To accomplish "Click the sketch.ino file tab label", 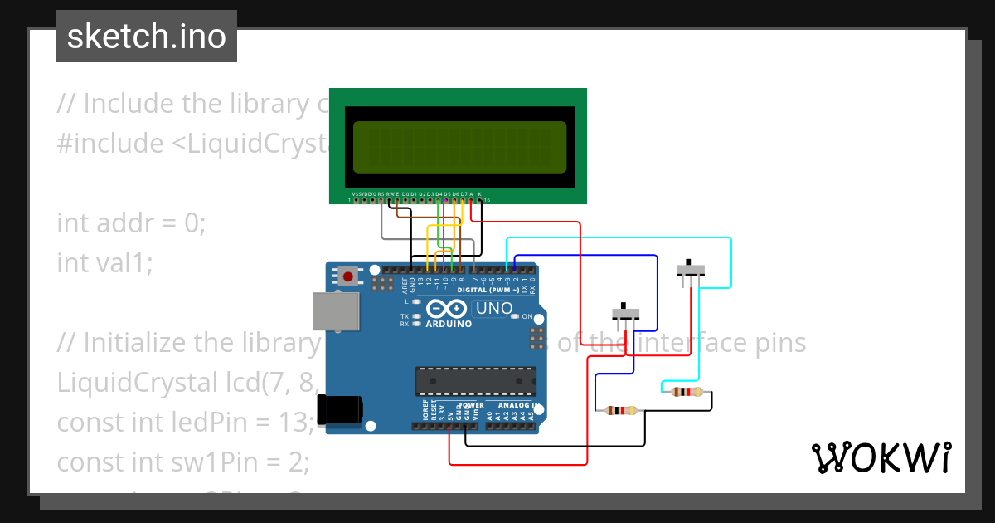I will point(146,37).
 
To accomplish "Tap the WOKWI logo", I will point(881,457).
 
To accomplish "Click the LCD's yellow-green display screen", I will point(459,147).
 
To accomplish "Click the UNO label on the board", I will point(495,308).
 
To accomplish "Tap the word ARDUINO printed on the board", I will point(449,324).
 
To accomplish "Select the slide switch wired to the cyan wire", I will point(692,270).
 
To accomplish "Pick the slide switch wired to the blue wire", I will point(626,314).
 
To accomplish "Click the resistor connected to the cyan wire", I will point(687,392).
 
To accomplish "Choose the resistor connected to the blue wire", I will point(622,410).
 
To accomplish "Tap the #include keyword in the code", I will point(110,144).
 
